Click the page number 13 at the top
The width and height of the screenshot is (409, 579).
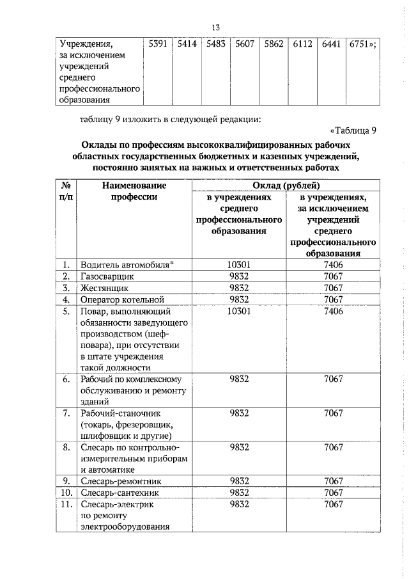215,27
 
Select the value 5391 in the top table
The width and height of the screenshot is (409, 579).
157,44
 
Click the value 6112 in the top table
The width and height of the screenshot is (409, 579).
302,44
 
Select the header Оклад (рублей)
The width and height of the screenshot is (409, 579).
284,186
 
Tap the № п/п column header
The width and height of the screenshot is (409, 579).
66,191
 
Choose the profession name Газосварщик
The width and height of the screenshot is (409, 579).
107,276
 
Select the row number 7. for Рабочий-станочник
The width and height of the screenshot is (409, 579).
66,413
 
